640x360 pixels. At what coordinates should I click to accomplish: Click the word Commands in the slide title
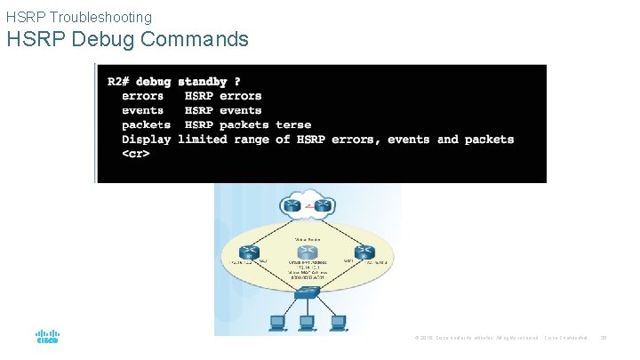click(x=201, y=40)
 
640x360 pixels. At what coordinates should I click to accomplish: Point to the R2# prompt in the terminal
click(x=121, y=82)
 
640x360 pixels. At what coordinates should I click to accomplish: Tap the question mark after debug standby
click(x=236, y=82)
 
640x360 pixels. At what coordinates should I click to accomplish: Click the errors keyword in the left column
click(x=142, y=96)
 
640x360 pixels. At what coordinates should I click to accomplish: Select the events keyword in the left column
click(x=142, y=110)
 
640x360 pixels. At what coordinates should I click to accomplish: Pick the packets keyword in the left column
click(x=146, y=125)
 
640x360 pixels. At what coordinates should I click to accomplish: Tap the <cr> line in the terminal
click(x=135, y=154)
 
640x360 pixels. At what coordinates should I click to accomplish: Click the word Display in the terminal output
click(x=147, y=140)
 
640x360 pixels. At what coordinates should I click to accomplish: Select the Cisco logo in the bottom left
click(x=46, y=338)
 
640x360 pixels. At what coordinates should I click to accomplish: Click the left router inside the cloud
click(x=291, y=205)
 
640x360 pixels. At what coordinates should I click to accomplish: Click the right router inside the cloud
click(x=324, y=205)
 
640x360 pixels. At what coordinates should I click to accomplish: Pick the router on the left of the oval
click(x=250, y=252)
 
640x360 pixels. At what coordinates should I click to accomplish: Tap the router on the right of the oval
click(x=362, y=252)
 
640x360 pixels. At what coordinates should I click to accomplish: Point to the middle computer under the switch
click(x=307, y=322)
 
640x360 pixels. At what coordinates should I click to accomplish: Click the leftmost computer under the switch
click(x=276, y=322)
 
